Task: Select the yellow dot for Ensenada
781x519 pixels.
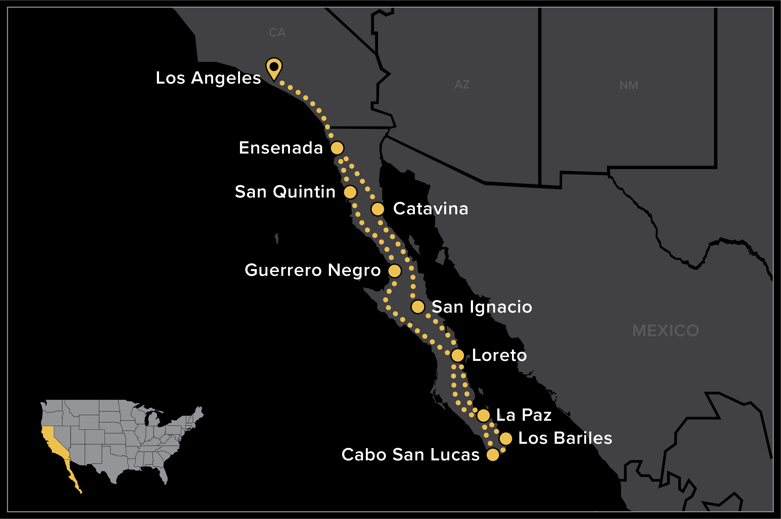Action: (x=337, y=148)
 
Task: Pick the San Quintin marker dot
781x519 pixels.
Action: (x=350, y=192)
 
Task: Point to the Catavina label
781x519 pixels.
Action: (x=430, y=209)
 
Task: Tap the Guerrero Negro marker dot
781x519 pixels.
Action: (x=394, y=271)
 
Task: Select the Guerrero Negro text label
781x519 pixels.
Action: (x=313, y=270)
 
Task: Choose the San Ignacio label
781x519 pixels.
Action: (x=482, y=307)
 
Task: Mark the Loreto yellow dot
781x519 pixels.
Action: (x=458, y=355)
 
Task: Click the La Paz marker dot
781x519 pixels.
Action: (x=483, y=415)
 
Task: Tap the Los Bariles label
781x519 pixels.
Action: (x=565, y=438)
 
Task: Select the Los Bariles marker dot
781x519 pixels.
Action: (x=506, y=439)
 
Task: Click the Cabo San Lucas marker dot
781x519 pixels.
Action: (x=493, y=455)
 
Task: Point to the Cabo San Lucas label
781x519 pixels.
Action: (x=410, y=455)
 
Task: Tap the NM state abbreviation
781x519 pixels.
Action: (x=629, y=85)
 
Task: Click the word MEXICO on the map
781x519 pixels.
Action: (x=665, y=331)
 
